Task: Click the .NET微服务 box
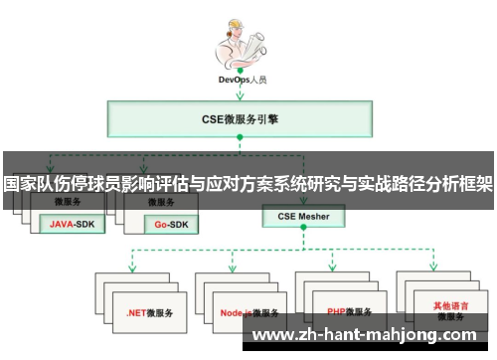(x=149, y=311)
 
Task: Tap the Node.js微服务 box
(x=249, y=311)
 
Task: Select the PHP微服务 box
(x=348, y=310)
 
